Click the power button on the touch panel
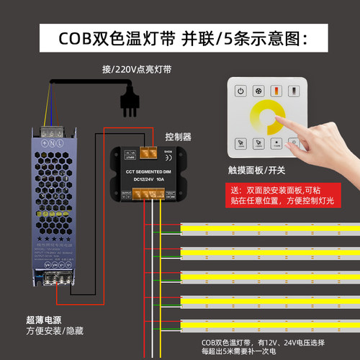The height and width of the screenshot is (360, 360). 240,91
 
